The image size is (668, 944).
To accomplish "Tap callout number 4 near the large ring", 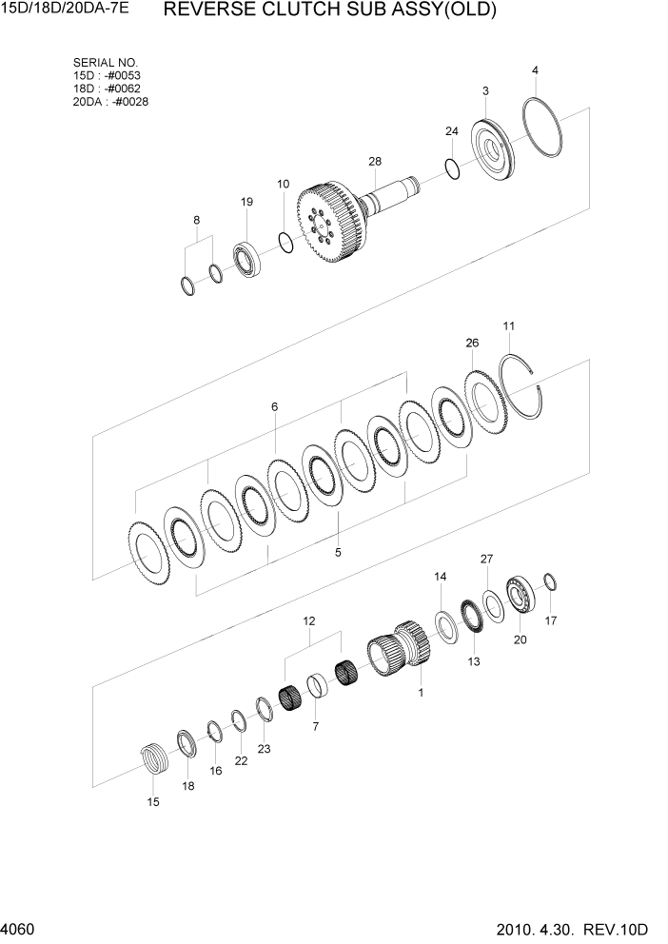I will pos(536,70).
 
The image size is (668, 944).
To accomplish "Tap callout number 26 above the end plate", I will pos(472,343).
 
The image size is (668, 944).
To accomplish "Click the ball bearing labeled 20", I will pos(521,593).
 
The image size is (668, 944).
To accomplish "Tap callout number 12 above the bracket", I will pos(309,620).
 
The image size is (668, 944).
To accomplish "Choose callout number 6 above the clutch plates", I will pos(274,406).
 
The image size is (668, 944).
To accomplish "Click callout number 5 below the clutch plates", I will pos(338,551).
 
